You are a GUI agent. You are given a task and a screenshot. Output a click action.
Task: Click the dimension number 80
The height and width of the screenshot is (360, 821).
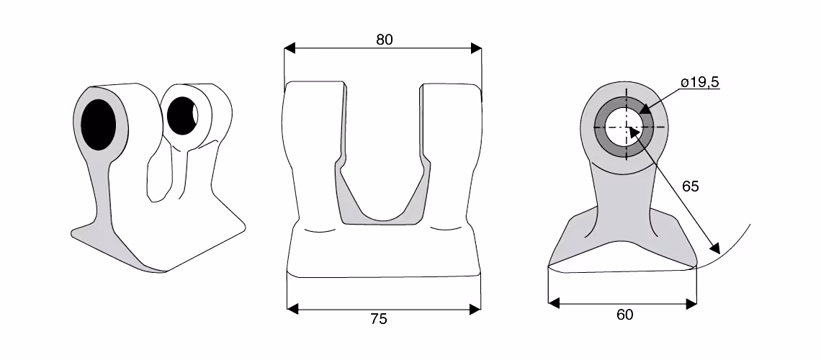click(385, 40)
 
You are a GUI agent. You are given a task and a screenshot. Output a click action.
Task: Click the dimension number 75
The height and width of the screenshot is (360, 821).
click(379, 319)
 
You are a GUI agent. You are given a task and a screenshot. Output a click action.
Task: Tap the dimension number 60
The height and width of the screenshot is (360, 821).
click(624, 315)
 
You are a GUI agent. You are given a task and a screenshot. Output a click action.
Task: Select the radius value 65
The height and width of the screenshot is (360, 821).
click(691, 186)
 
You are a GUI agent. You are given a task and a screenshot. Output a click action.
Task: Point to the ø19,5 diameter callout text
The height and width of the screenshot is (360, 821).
click(700, 82)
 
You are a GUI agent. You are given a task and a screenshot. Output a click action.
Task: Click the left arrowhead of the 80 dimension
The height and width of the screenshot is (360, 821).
click(290, 49)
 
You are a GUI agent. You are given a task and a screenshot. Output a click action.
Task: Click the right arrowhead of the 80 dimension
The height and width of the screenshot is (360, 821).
click(476, 49)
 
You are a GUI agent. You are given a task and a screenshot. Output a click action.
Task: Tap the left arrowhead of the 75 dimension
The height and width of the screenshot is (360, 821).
click(292, 310)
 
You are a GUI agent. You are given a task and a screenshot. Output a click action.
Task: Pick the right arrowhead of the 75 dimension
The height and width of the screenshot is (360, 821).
click(475, 310)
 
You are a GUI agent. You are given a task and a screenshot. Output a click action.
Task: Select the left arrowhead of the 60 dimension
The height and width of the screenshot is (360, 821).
click(554, 303)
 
